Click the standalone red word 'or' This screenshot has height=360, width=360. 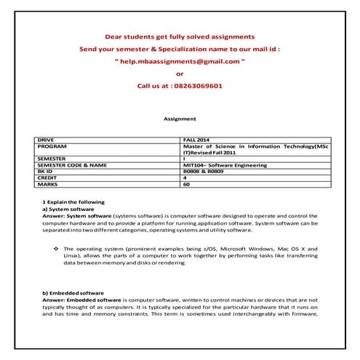tap(180, 73)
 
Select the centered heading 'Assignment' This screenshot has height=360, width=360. tap(180, 118)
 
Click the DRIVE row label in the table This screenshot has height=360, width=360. tap(46, 138)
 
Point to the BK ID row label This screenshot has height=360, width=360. tap(45, 172)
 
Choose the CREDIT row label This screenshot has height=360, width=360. tap(47, 178)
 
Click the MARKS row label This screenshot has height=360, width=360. tap(47, 185)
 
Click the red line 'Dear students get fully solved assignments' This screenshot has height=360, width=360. tap(180, 36)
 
